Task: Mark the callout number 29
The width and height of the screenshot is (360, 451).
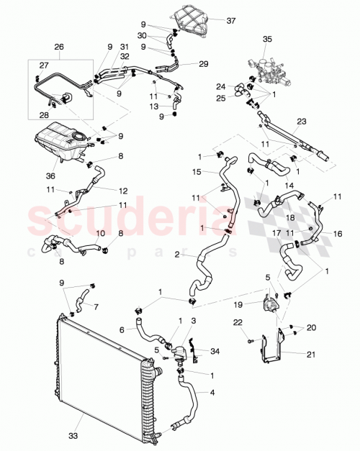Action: (204, 65)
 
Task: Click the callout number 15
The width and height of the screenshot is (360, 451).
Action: (195, 172)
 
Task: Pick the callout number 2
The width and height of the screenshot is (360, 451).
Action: (176, 254)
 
